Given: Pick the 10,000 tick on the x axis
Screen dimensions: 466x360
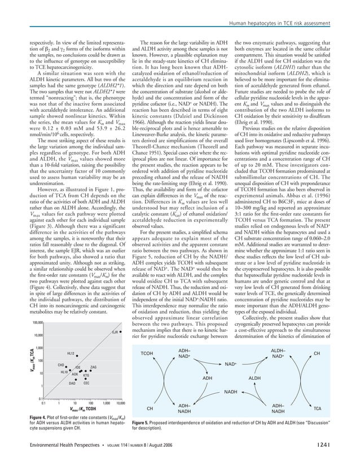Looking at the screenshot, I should point(120,403).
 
